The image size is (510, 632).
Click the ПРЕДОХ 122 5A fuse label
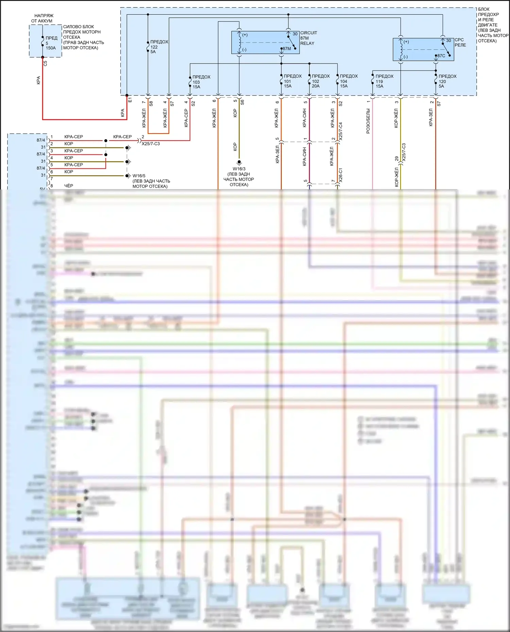point(159,47)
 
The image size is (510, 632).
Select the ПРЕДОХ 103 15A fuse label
point(201,82)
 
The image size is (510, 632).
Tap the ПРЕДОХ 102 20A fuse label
point(320,81)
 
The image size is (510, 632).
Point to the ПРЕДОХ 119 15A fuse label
point(384,81)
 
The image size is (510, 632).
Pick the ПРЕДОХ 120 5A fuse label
point(447,81)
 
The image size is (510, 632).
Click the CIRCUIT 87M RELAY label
point(308,38)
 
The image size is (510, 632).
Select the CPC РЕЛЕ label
point(460,42)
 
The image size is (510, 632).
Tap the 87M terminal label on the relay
point(287,49)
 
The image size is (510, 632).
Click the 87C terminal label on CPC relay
point(441,56)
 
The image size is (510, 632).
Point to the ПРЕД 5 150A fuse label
point(51,43)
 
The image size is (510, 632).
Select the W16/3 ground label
point(239,169)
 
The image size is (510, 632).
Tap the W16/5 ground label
point(139,176)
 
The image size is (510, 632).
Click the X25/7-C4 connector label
point(341,131)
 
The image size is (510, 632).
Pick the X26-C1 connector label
point(341,175)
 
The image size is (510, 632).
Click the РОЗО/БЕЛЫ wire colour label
point(368,121)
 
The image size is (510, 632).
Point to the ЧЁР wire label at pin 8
point(69,186)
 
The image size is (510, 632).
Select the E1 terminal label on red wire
point(130,100)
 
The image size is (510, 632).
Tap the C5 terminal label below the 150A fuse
point(45,63)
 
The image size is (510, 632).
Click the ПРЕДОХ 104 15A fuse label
point(348,81)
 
